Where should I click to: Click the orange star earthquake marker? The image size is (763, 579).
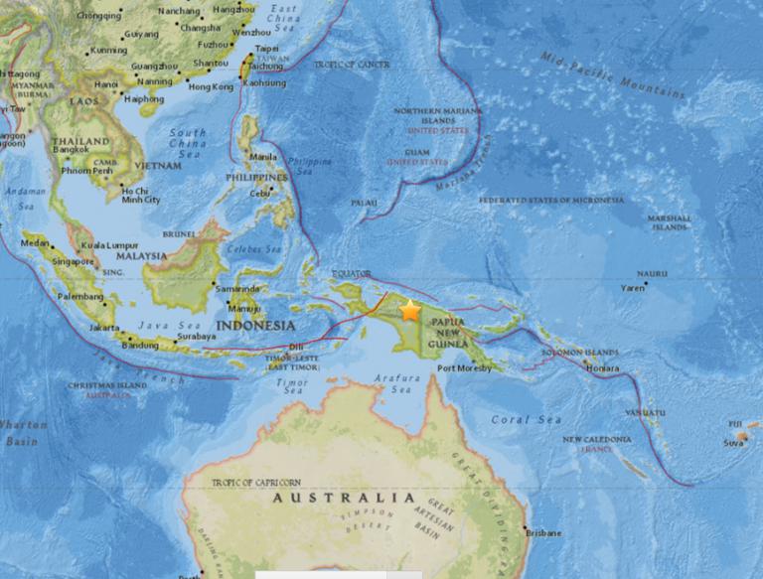click(410, 311)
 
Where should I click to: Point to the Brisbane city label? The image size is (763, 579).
click(543, 533)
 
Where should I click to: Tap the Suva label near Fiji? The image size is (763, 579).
click(733, 443)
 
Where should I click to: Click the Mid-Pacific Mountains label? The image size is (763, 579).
click(613, 74)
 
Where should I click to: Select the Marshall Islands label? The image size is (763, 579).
click(669, 222)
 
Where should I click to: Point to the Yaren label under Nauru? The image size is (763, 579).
click(633, 289)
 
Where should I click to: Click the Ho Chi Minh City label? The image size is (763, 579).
click(139, 195)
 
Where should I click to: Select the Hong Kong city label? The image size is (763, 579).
click(210, 87)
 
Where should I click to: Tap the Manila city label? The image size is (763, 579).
click(264, 156)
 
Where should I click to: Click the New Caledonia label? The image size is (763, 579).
click(596, 439)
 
